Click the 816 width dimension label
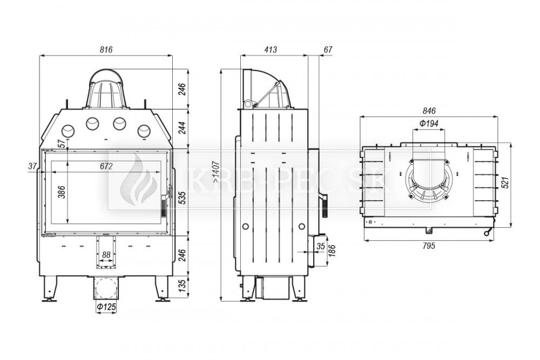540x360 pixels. [106, 50]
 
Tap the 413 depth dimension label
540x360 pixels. [271, 50]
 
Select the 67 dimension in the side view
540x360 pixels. [328, 50]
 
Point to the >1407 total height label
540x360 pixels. [215, 172]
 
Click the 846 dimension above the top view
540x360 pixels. [429, 111]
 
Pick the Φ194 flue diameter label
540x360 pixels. [429, 123]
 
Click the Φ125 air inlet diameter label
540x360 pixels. [106, 307]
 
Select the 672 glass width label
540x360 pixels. [106, 166]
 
